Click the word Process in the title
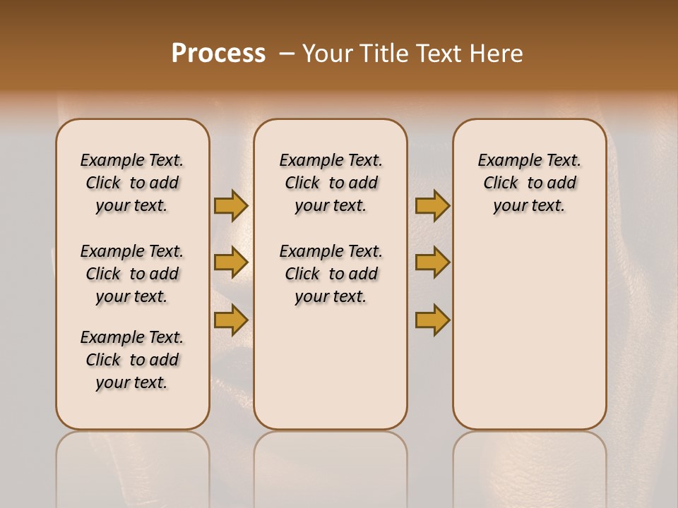[x=218, y=54]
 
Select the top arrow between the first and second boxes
[x=231, y=205]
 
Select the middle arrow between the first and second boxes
[x=231, y=262]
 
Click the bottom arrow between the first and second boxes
[x=231, y=320]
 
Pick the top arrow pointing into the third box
[x=432, y=205]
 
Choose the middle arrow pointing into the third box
[x=432, y=262]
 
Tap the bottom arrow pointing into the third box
[x=432, y=320]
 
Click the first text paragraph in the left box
[x=132, y=183]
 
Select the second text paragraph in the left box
[x=132, y=274]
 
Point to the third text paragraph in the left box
[x=132, y=360]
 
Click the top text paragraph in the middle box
[x=331, y=183]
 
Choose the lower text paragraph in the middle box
[x=331, y=274]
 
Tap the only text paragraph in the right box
[x=529, y=183]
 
